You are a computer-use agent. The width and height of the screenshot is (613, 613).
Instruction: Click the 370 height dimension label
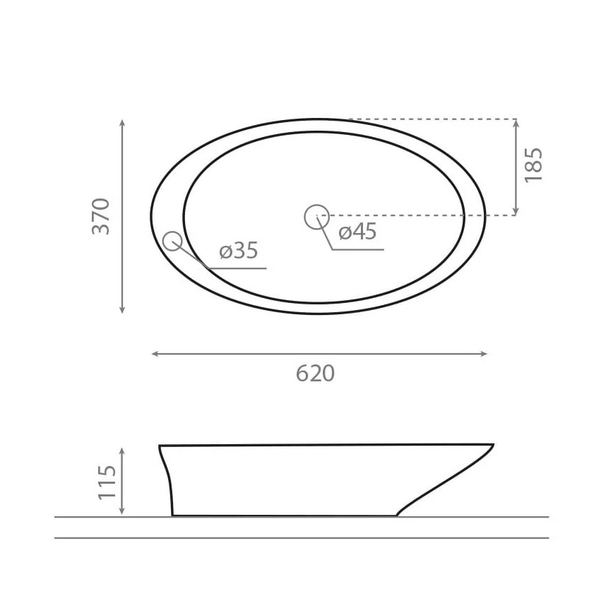pos(102,216)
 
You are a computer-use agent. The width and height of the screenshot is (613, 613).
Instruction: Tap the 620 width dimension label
pos(315,373)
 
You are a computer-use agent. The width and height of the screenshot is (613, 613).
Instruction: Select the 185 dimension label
pos(534,165)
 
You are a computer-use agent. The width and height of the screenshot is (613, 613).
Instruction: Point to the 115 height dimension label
pos(107,481)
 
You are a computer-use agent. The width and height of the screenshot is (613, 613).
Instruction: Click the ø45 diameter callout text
pos(357,231)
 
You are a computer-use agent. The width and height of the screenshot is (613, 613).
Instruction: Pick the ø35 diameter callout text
pos(239,250)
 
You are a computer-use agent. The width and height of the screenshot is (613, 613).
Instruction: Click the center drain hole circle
pos(316,216)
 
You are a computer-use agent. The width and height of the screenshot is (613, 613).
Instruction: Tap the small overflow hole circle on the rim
pos(172,242)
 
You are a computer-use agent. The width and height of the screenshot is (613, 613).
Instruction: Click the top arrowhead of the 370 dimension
pos(122,123)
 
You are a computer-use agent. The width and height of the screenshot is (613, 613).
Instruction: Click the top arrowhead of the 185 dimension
pos(516,123)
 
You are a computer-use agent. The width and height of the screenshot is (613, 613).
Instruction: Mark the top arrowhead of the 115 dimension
pos(122,451)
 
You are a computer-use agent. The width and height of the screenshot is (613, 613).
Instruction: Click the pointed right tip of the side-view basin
pos(493,445)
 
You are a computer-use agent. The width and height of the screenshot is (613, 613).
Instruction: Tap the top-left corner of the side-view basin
pos(160,446)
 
